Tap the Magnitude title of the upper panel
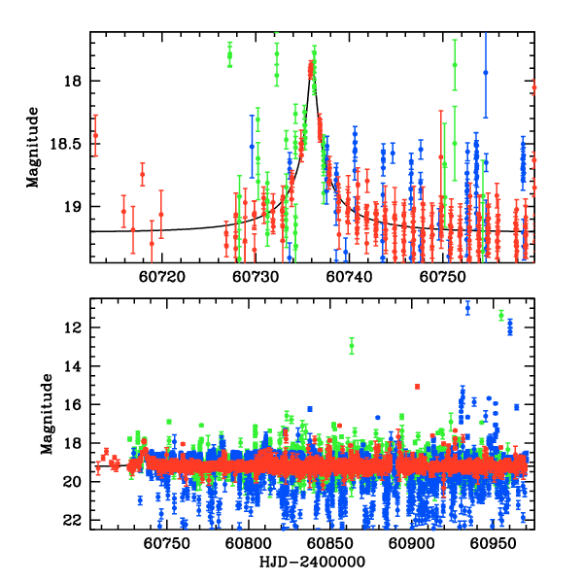pos(33,147)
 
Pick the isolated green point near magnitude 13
pos(352,345)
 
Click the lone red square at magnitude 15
pos(417,386)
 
